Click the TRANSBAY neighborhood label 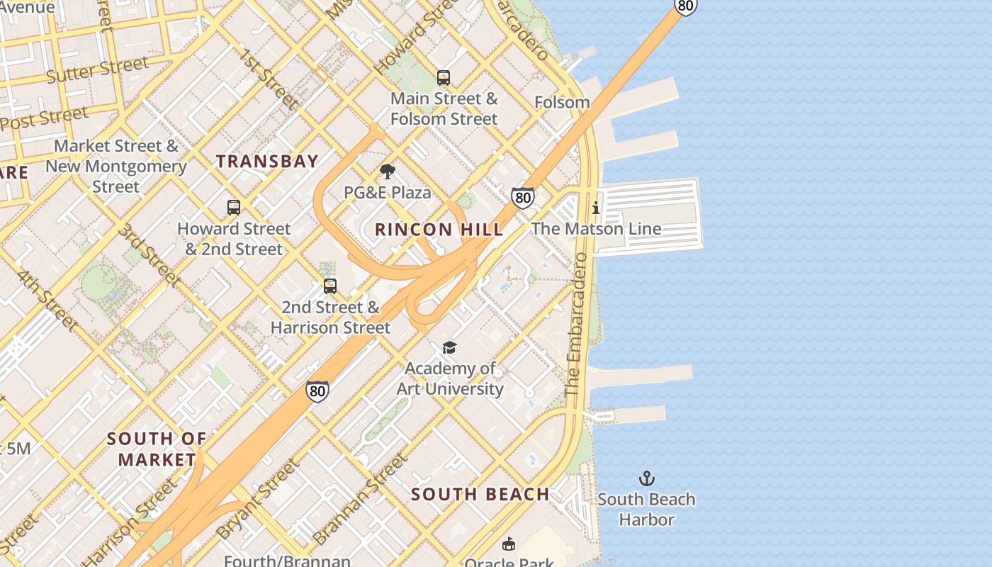point(267,162)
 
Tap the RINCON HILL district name point(439,230)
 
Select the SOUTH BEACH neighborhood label point(480,495)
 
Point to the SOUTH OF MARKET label point(157,449)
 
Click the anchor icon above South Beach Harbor point(646,478)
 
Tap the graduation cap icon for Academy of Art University point(449,347)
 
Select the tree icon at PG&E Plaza point(387,172)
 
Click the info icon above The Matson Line point(596,208)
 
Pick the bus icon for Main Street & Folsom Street point(444,78)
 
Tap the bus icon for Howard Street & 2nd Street point(234,208)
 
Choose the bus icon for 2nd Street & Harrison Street point(330,286)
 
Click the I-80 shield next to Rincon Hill point(523,198)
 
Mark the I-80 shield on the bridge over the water point(685,6)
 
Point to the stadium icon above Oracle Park point(508,544)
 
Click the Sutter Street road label point(97,69)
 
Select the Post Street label point(44,118)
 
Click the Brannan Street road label point(361,498)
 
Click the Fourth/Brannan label point(287,561)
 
